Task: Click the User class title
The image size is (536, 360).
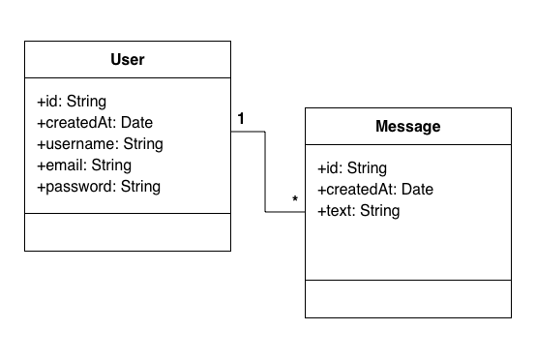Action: [128, 60]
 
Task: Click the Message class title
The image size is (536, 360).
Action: [407, 127]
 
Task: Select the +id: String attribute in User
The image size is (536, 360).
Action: [72, 102]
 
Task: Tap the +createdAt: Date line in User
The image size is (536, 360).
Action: [95, 123]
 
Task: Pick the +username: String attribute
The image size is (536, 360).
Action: [100, 144]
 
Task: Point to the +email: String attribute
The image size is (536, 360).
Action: [84, 165]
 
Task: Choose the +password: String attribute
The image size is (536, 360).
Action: [99, 187]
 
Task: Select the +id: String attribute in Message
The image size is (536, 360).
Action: [352, 168]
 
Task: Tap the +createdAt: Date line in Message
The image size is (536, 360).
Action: [375, 190]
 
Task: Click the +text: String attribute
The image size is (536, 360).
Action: [358, 211]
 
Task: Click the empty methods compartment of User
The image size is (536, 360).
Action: [128, 231]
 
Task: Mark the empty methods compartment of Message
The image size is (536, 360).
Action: [407, 298]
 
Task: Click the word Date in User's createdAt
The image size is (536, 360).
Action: [135, 123]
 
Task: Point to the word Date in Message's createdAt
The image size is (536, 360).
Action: [416, 190]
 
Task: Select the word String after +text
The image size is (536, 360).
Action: [379, 211]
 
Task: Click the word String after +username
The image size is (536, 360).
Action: [143, 144]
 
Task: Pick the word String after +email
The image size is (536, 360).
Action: [111, 165]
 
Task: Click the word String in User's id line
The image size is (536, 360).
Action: [86, 102]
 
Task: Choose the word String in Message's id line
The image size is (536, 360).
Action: [367, 168]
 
